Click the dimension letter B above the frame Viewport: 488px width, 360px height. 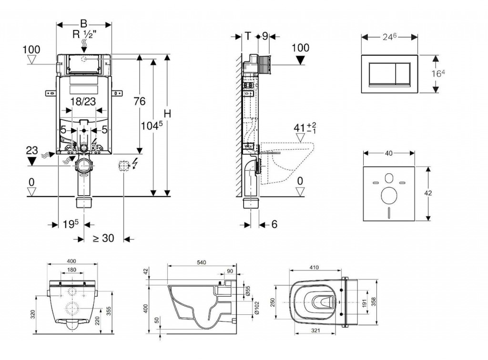[x=84, y=23]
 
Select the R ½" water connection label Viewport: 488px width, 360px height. [x=84, y=34]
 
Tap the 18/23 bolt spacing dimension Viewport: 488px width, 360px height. [x=84, y=100]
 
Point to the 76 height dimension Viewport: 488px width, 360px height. [x=139, y=101]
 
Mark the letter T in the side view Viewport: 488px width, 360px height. [x=248, y=36]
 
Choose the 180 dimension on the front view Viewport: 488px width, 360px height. [x=71, y=269]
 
